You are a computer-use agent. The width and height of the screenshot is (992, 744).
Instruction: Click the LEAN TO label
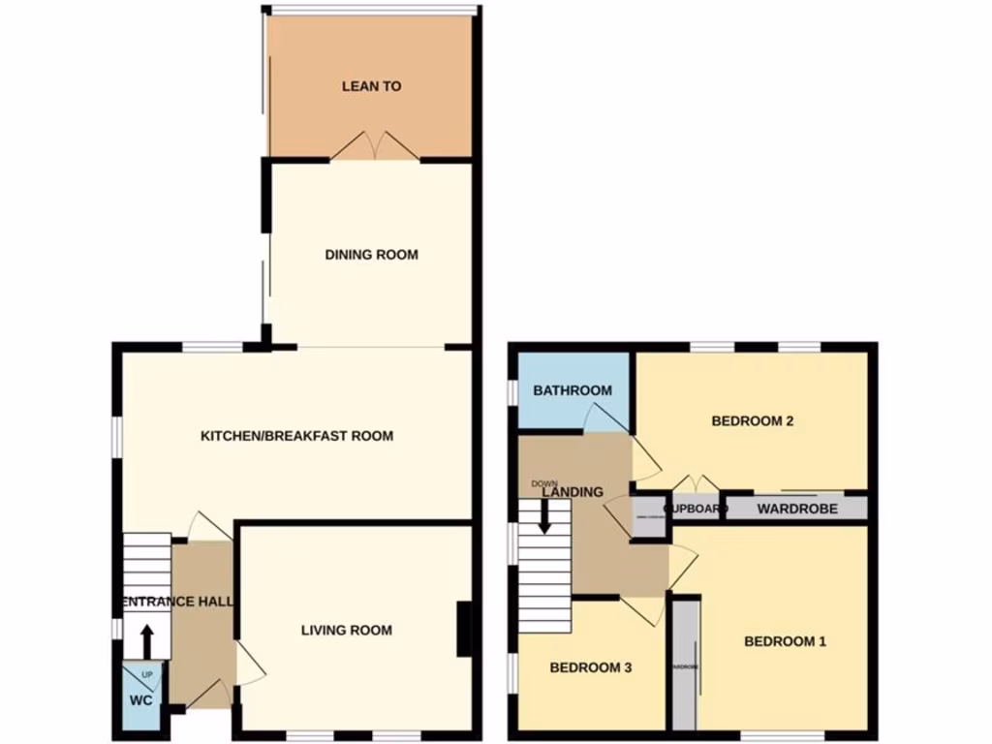371,86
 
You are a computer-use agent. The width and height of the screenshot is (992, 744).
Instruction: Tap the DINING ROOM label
371,255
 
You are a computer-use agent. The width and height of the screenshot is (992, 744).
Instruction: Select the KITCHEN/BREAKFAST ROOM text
296,436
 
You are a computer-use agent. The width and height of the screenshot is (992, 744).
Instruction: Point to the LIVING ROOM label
346,631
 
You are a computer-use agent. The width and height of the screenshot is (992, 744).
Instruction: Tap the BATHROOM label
573,390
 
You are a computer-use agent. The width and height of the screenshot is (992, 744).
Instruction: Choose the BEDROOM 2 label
753,421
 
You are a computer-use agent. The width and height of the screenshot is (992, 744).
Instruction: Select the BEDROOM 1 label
785,641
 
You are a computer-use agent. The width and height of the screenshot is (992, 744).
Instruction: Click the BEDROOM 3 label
591,667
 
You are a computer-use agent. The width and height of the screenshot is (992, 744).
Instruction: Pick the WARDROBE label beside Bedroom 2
797,509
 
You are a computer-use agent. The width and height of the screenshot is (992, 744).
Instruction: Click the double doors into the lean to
376,145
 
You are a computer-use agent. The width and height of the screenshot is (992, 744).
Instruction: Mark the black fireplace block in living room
465,630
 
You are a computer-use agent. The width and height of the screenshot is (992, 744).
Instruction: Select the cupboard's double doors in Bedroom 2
697,484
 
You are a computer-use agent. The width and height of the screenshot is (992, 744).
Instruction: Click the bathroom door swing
604,418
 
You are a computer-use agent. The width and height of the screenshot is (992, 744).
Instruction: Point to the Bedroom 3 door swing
641,609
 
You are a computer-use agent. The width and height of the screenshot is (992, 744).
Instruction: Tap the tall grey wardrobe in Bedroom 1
686,666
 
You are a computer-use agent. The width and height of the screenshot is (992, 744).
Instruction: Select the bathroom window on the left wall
512,390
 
